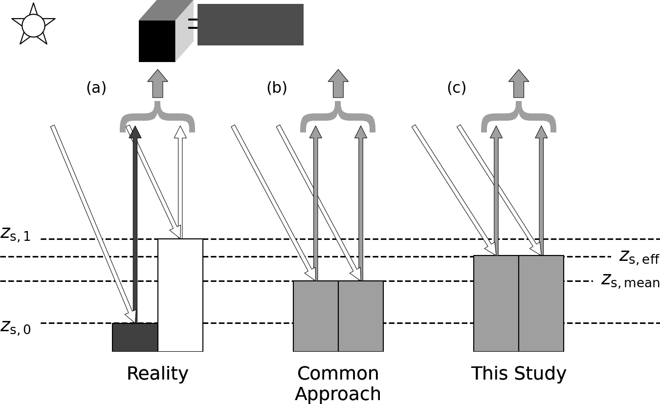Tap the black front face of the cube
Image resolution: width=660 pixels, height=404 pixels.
click(157, 41)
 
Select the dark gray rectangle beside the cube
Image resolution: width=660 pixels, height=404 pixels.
click(250, 24)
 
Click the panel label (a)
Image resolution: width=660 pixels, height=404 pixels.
click(96, 88)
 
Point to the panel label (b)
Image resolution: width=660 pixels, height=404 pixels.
click(277, 88)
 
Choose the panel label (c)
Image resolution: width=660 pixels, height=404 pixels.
click(457, 88)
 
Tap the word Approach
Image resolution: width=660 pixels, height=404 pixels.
click(338, 394)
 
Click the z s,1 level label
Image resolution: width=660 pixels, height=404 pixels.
click(15, 235)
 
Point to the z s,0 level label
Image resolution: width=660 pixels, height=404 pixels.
click(15, 328)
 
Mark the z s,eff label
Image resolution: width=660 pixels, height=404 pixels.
click(639, 257)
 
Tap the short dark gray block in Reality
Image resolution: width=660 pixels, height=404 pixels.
click(135, 337)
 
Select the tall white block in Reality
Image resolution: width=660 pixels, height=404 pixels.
click(180, 295)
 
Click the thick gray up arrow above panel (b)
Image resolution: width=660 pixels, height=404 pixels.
click(338, 84)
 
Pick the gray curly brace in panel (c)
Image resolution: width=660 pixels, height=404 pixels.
click(519, 118)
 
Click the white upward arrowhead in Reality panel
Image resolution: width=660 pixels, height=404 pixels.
click(180, 132)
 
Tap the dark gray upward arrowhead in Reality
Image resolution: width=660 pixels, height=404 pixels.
click(135, 132)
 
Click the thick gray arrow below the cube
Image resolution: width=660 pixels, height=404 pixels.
click(157, 84)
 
